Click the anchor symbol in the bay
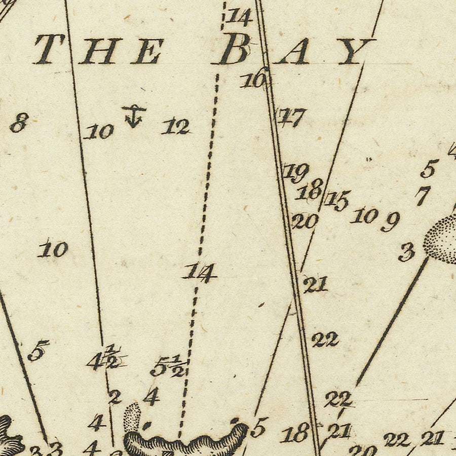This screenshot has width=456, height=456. click(x=134, y=116)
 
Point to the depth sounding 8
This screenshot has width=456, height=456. click(x=19, y=123)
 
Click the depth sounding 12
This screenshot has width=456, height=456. click(x=176, y=126)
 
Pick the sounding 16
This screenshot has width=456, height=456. click(x=254, y=80)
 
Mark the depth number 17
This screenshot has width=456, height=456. click(x=291, y=118)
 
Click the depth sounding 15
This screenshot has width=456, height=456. click(x=337, y=201)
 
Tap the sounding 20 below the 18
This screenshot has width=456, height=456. click(x=305, y=221)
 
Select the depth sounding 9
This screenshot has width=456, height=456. click(x=390, y=221)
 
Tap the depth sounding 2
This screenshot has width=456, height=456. click(x=115, y=397)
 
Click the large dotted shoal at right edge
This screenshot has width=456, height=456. click(x=441, y=238)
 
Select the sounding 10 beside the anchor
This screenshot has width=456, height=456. click(x=99, y=132)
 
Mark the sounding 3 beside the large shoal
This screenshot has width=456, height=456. click(x=406, y=252)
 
